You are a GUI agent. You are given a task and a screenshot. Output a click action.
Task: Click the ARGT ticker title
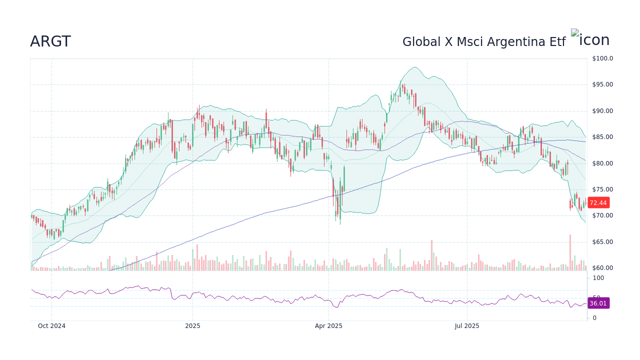point(50,42)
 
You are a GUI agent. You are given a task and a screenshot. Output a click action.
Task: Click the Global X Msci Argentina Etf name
point(483,42)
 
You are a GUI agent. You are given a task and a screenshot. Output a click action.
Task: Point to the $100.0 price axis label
point(602,58)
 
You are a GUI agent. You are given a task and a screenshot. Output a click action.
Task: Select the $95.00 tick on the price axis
point(602,84)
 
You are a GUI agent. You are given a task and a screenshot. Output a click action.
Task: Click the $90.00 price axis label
point(602,111)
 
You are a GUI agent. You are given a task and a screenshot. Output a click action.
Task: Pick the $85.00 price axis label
point(602,137)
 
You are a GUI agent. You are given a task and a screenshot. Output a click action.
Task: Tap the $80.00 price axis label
point(602,163)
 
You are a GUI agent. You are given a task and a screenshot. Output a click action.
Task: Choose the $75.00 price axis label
point(602,189)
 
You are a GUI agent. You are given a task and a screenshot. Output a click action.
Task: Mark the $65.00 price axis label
point(602,242)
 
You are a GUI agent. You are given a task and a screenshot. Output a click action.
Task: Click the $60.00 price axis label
point(602,268)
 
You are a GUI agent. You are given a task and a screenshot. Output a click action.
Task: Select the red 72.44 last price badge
point(598,203)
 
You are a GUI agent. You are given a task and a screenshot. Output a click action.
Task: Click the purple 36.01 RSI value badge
point(598,303)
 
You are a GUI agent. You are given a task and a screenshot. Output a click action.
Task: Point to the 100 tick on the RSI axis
point(598,278)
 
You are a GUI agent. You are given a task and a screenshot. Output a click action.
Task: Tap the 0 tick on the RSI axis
point(594,318)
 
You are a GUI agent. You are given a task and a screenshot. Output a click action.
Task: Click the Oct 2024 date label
point(51,326)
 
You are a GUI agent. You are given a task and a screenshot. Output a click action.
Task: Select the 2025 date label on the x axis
point(192,326)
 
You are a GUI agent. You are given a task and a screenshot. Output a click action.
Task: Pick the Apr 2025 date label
point(328,326)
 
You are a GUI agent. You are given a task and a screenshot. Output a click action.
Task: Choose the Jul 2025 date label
point(467,326)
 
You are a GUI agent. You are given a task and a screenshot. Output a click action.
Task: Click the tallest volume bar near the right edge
point(569,253)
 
